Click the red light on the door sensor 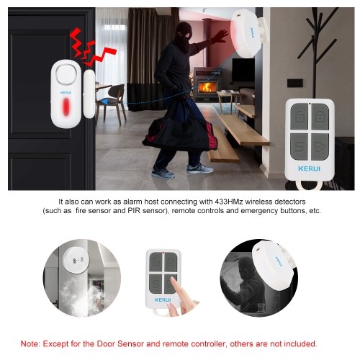click(66, 107)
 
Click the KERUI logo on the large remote click(309, 168)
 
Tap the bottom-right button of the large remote click(320, 147)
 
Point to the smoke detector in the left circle click(76, 260)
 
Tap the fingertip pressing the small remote click(174, 280)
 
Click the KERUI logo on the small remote click(163, 300)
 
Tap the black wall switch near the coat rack click(294, 83)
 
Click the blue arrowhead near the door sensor click(104, 102)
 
